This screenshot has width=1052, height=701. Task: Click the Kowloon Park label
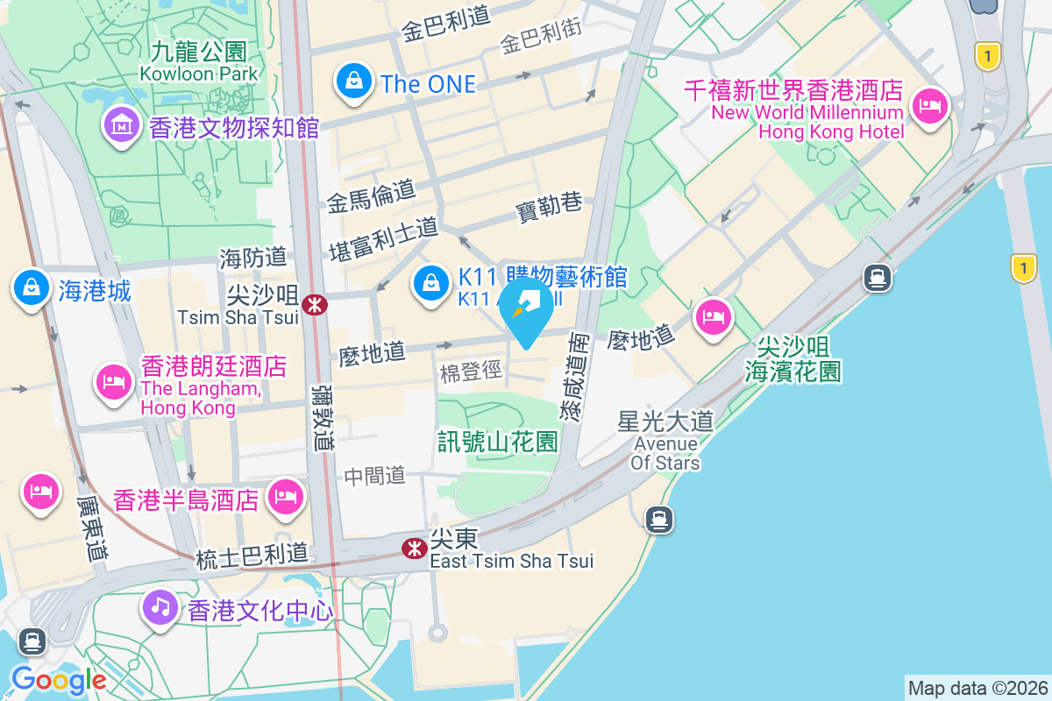tap(199, 62)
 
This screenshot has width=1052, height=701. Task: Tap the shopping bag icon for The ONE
tap(353, 81)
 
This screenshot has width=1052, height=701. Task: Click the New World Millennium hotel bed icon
tap(929, 107)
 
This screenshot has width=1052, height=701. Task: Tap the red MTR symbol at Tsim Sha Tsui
tap(313, 305)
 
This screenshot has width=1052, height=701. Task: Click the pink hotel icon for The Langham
tap(114, 381)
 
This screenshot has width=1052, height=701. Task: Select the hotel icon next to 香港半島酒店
tap(286, 497)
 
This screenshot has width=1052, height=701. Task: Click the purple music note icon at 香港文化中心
tap(160, 605)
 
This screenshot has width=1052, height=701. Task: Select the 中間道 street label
tap(374, 476)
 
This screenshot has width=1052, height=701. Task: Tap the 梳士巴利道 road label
tap(252, 555)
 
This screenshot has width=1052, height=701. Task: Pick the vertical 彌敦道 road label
tap(323, 416)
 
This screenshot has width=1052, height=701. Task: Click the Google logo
tap(60, 679)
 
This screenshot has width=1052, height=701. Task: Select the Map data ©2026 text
tap(977, 688)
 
